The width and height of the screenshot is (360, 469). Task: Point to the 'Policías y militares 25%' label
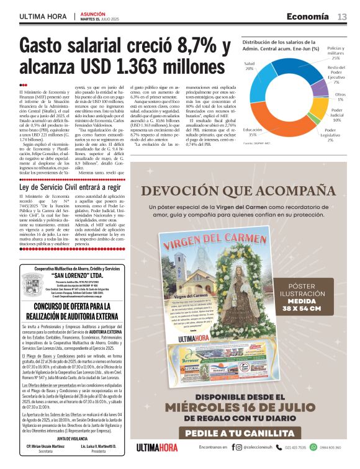(x=336, y=51)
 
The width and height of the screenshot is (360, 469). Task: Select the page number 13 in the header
(x=342, y=17)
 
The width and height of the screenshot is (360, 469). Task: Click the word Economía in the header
(x=308, y=17)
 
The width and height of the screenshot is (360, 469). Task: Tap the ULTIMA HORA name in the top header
(x=43, y=17)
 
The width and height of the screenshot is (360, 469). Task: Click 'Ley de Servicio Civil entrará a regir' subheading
(x=70, y=187)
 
